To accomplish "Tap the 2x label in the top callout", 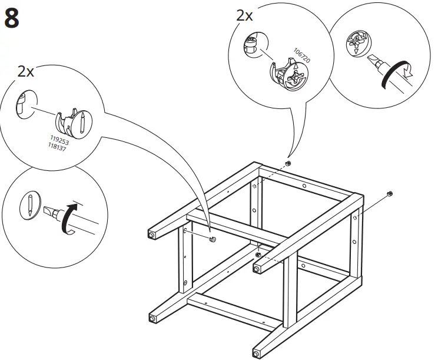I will pyautogui.click(x=244, y=16).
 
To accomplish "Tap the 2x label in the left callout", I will pyautogui.click(x=26, y=72).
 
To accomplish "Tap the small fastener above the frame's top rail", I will pyautogui.click(x=288, y=163).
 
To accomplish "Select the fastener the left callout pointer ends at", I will pyautogui.click(x=213, y=239).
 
